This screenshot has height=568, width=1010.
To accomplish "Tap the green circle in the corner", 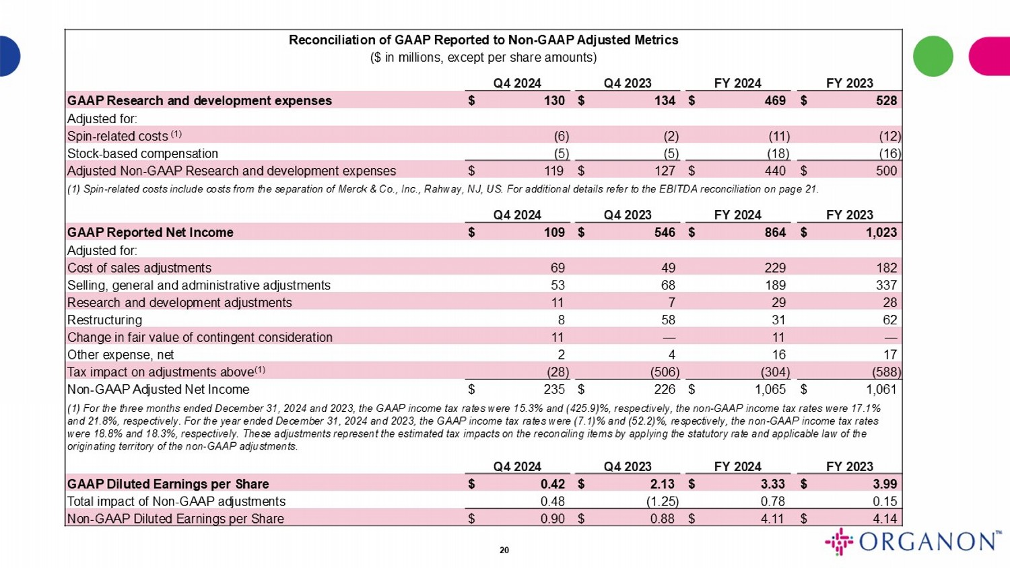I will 933,57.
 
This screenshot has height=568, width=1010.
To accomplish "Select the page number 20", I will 504,551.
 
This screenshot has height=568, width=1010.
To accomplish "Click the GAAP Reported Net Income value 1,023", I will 881,232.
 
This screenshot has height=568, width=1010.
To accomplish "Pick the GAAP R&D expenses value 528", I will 886,101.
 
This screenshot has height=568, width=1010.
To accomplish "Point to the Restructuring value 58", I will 667,320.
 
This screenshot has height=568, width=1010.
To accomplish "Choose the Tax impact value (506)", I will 665,372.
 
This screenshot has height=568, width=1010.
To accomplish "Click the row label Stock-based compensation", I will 143,153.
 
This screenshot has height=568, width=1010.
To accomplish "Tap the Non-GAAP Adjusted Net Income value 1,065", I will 770,389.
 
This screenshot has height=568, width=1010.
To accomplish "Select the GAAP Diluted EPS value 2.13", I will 663,484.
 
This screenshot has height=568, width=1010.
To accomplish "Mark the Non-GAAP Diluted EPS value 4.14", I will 884,519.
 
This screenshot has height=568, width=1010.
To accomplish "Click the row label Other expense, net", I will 121,355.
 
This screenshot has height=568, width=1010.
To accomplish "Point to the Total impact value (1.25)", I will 664,501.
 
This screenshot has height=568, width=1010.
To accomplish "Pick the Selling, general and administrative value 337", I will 886,285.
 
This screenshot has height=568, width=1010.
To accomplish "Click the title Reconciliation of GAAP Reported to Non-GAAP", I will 483,40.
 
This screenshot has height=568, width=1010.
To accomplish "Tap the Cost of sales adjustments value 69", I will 558,268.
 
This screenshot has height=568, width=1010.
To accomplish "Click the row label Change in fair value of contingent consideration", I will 200,337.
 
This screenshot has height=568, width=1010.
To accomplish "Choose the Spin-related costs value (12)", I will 890,136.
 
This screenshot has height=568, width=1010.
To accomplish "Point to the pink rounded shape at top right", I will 990,57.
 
